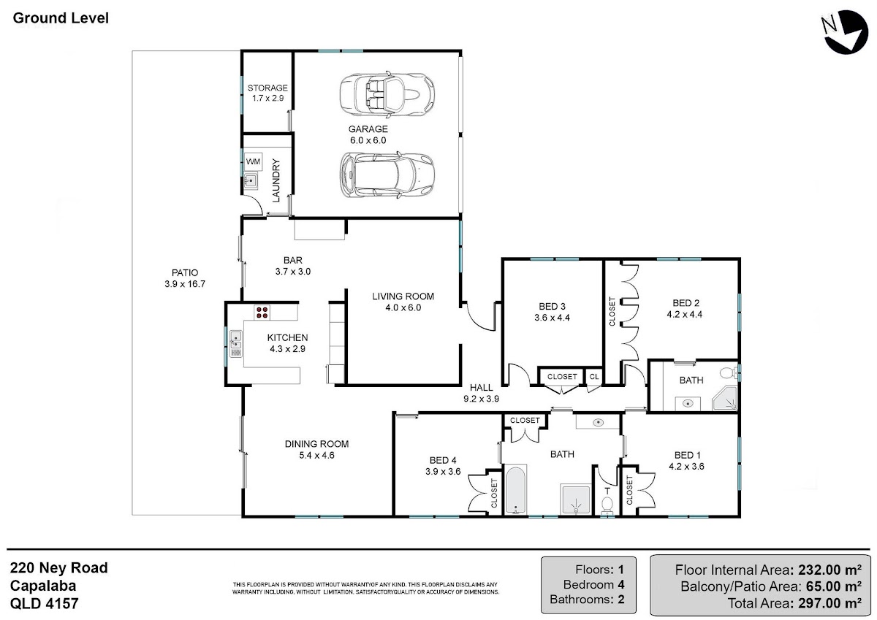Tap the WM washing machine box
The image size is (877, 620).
click(x=254, y=161)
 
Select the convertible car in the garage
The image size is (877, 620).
click(x=387, y=94)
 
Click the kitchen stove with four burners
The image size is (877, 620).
click(x=262, y=312)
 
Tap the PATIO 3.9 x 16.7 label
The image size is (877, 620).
click(x=185, y=278)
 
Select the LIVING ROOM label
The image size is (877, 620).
click(x=403, y=296)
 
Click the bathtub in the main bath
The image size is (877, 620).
click(x=516, y=490)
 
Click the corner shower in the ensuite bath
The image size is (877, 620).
click(x=725, y=398)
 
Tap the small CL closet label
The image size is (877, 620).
click(x=594, y=377)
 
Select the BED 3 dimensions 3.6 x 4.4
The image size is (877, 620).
click(x=552, y=318)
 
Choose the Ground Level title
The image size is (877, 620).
click(x=61, y=18)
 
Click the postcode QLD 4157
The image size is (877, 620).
click(x=45, y=604)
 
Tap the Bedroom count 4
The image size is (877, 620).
click(x=621, y=584)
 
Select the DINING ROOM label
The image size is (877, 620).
click(x=316, y=444)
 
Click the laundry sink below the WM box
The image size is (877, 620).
click(x=250, y=180)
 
